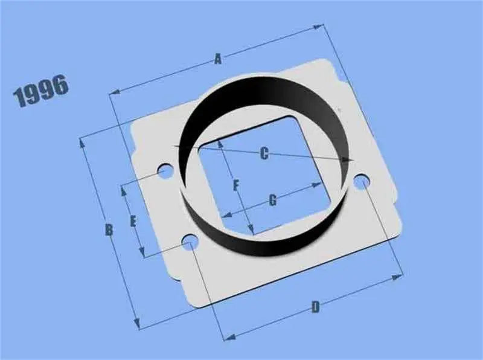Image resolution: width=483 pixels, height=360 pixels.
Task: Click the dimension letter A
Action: click(x=218, y=59)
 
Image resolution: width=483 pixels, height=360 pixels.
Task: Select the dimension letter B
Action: click(x=109, y=230)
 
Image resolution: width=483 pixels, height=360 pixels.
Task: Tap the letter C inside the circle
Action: click(x=264, y=153)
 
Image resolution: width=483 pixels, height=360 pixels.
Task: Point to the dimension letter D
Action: click(x=315, y=307)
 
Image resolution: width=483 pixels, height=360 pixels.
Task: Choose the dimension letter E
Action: click(x=133, y=221)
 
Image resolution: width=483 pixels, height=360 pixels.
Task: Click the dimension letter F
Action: click(x=237, y=185)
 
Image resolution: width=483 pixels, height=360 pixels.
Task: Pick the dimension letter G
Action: click(x=272, y=200)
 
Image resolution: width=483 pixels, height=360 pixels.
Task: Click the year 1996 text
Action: click(x=40, y=91)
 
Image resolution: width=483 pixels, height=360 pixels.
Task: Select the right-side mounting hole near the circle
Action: click(x=361, y=181)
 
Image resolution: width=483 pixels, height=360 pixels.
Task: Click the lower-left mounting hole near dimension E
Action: click(x=190, y=243)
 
